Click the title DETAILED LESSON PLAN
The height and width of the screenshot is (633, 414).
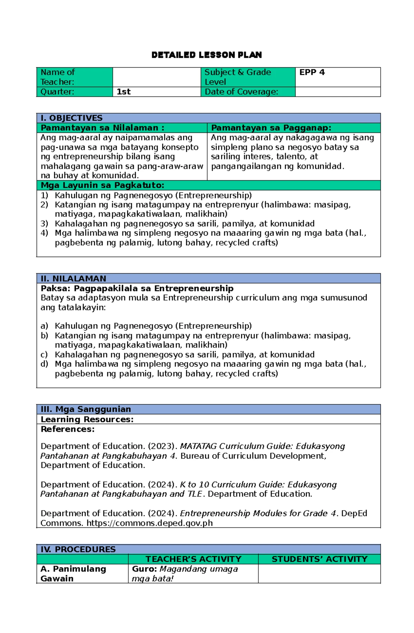tap(207, 55)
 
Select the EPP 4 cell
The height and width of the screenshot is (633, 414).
tap(312, 72)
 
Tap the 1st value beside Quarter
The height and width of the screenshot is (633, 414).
tap(124, 92)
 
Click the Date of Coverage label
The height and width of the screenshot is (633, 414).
tap(241, 92)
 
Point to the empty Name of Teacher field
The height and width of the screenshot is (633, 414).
tap(157, 77)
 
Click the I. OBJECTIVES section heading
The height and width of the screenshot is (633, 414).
tap(71, 118)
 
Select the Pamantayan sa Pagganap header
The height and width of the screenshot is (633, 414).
tap(271, 128)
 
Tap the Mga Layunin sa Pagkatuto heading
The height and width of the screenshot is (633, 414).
tap(102, 185)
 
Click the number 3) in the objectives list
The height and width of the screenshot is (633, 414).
tap(44, 224)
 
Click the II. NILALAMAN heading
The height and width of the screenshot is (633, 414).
tap(73, 278)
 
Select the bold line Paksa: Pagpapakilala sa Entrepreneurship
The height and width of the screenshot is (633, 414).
tap(137, 288)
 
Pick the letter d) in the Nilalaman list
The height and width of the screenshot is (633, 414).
tap(44, 364)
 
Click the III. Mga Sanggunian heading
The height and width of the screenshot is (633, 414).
tap(86, 409)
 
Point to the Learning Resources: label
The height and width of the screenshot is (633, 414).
tap(87, 419)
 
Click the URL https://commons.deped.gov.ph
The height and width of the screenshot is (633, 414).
tap(149, 523)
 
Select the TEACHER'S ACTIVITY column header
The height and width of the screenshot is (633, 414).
tap(193, 559)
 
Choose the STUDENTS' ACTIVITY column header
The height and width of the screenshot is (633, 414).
tap(319, 559)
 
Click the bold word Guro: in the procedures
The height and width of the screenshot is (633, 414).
tap(144, 569)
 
